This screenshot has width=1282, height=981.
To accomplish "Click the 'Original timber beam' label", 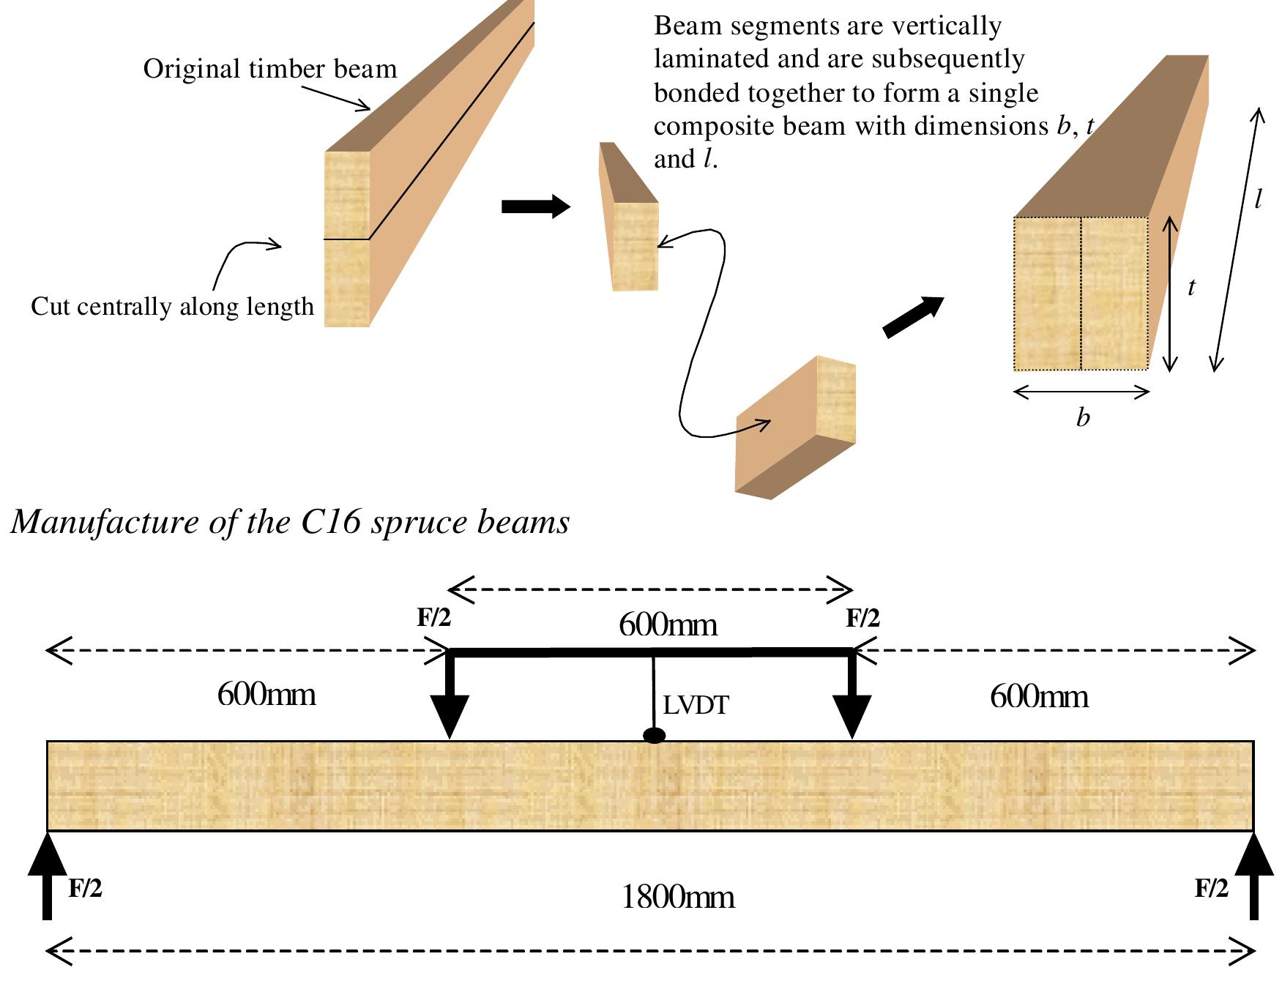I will point(269,70).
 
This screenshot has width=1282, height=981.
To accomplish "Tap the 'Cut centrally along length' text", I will point(172,307).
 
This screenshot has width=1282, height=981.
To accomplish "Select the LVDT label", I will point(696,706).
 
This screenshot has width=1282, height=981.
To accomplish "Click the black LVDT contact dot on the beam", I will point(654,736).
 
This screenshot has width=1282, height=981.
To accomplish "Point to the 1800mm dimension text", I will point(677,898).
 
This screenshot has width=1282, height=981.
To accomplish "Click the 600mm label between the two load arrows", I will point(668,626).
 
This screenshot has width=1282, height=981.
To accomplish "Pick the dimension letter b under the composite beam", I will point(1083,418).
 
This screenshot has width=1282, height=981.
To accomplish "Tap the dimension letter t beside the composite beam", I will point(1191,288).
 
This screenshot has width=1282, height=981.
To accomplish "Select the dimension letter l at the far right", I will point(1258,200).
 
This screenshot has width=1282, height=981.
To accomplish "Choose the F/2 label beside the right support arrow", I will point(1212,889).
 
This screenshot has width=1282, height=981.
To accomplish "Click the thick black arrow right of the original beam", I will point(535,207).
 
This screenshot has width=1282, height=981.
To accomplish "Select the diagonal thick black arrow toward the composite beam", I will point(914,316).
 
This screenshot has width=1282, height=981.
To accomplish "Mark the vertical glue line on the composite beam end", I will point(1081,293).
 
